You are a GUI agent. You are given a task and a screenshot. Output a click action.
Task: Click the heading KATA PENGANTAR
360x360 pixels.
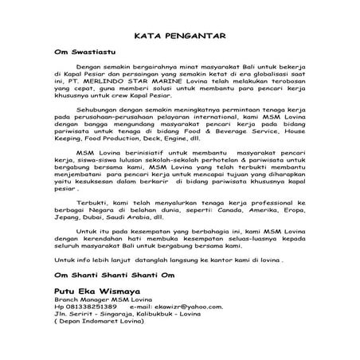coord(179,36)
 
